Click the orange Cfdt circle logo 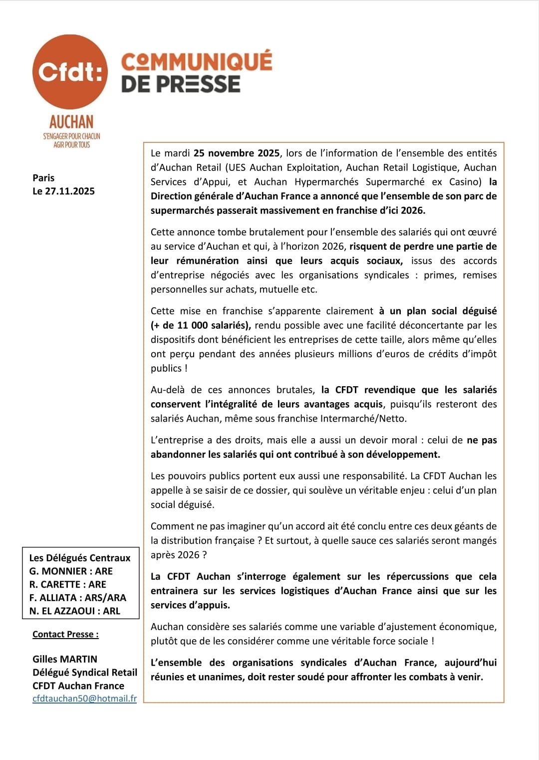pyautogui.click(x=70, y=72)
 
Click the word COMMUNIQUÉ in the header pyautogui.click(x=197, y=61)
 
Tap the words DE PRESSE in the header pyautogui.click(x=181, y=84)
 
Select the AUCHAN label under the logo pyautogui.click(x=71, y=122)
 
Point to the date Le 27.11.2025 pyautogui.click(x=63, y=191)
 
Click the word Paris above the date pyautogui.click(x=43, y=178)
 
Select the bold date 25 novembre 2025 pyautogui.click(x=237, y=153)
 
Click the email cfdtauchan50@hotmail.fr pyautogui.click(x=84, y=699)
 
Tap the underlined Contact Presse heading pyautogui.click(x=65, y=634)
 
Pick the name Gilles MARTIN pyautogui.click(x=65, y=659)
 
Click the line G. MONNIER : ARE pyautogui.click(x=71, y=571)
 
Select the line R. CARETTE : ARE pyautogui.click(x=68, y=584)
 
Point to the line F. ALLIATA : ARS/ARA pyautogui.click(x=78, y=598)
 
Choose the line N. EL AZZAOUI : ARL pyautogui.click(x=75, y=611)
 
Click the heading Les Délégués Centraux pyautogui.click(x=80, y=558)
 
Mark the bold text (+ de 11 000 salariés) pyautogui.click(x=201, y=325)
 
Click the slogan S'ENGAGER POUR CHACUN pyautogui.click(x=71, y=136)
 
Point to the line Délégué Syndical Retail pyautogui.click(x=85, y=673)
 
